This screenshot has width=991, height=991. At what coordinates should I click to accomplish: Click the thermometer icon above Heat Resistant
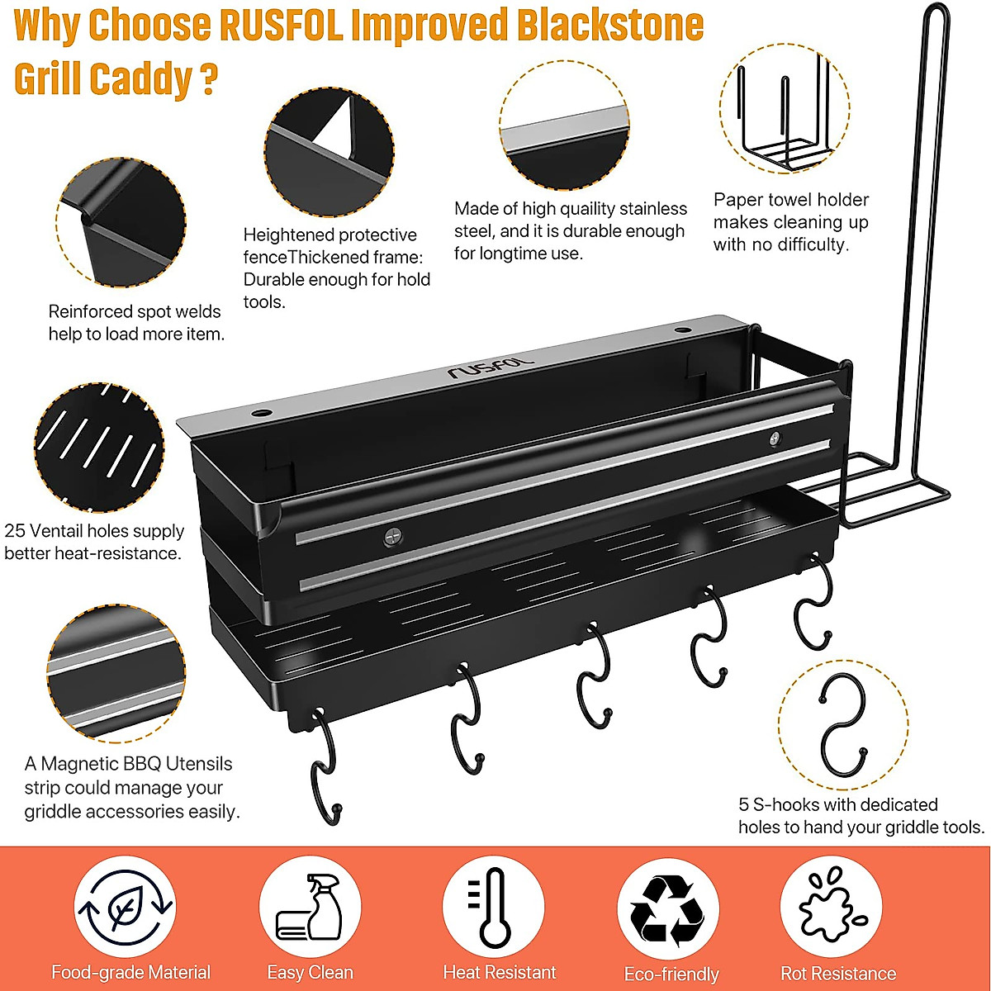(495, 907)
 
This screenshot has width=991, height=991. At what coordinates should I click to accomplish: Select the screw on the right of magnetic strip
(775, 438)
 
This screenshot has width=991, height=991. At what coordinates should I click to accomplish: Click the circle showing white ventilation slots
(99, 447)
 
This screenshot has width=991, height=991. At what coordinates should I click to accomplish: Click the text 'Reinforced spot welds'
(135, 311)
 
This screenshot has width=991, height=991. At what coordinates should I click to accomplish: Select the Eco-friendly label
(671, 974)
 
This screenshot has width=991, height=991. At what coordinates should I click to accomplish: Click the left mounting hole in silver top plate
(262, 410)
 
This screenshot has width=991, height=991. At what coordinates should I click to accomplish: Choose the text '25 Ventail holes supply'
(94, 531)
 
